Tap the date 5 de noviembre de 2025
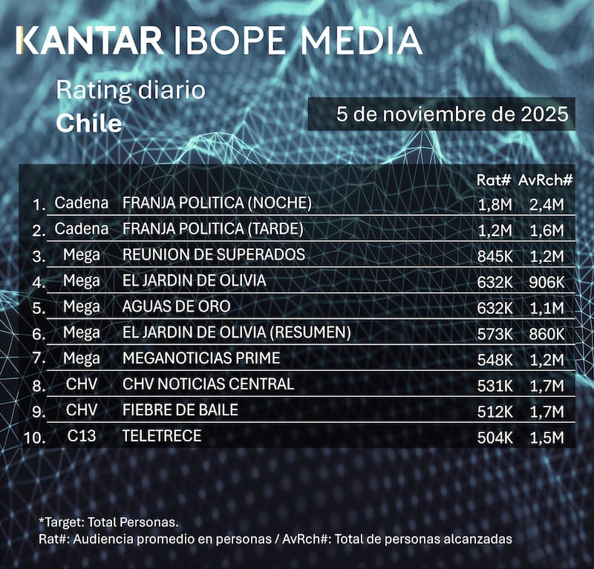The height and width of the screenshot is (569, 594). pyautogui.click(x=441, y=115)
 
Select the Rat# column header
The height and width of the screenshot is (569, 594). pyautogui.click(x=495, y=180)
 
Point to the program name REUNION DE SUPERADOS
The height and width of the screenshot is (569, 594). pyautogui.click(x=213, y=254)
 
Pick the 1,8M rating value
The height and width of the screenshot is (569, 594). pyautogui.click(x=495, y=203)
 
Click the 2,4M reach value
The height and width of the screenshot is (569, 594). pyautogui.click(x=547, y=203)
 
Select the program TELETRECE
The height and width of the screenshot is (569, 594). pyautogui.click(x=161, y=435)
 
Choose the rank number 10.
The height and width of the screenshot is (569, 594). pyautogui.click(x=34, y=437)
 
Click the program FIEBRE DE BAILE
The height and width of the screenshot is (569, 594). pyautogui.click(x=180, y=410)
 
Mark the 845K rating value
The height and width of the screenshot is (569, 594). pyautogui.click(x=494, y=255)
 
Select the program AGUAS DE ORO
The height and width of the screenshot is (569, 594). pyautogui.click(x=176, y=306)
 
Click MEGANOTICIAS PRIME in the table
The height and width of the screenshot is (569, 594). pyautogui.click(x=200, y=358)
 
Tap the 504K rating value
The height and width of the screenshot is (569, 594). pyautogui.click(x=494, y=436)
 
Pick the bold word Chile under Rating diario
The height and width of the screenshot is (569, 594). pyautogui.click(x=89, y=123)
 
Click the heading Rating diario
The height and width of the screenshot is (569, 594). pyautogui.click(x=130, y=92)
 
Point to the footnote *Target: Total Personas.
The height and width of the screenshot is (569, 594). pyautogui.click(x=108, y=522)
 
